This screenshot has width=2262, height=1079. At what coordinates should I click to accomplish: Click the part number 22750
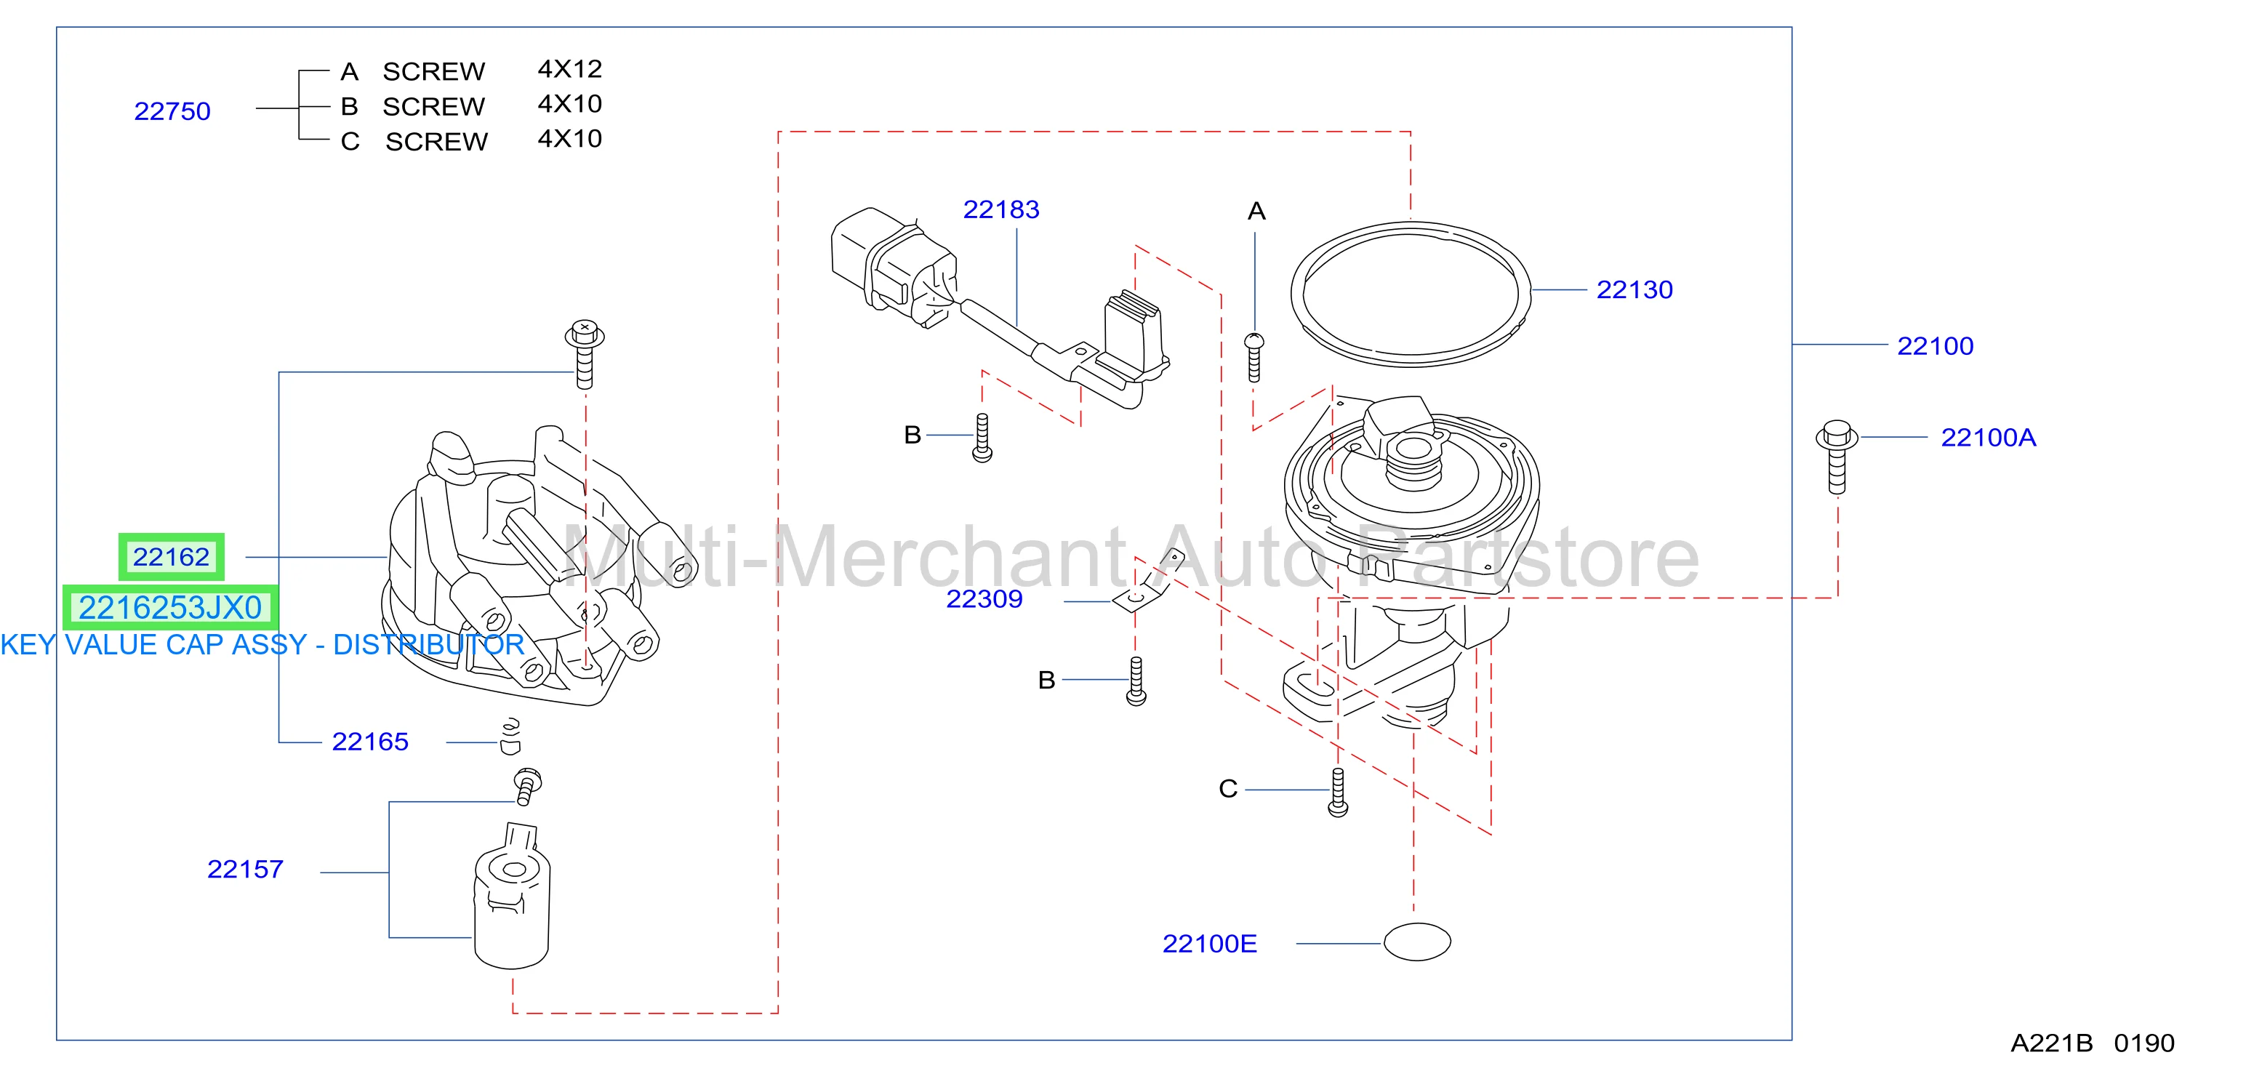[172, 111]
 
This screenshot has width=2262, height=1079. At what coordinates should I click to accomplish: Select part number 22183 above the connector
[1001, 210]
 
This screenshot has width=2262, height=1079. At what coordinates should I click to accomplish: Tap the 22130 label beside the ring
[1635, 289]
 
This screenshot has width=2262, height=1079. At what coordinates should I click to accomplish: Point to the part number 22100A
[1988, 437]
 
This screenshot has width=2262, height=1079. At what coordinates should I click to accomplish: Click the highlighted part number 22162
[171, 557]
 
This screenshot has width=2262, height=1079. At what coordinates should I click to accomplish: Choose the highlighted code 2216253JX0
[170, 608]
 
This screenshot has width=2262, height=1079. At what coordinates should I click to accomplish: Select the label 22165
[369, 742]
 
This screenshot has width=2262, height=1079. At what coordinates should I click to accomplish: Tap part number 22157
[245, 869]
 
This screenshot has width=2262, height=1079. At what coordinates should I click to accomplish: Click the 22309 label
[984, 599]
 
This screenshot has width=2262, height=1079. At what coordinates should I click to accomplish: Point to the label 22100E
[1209, 944]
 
